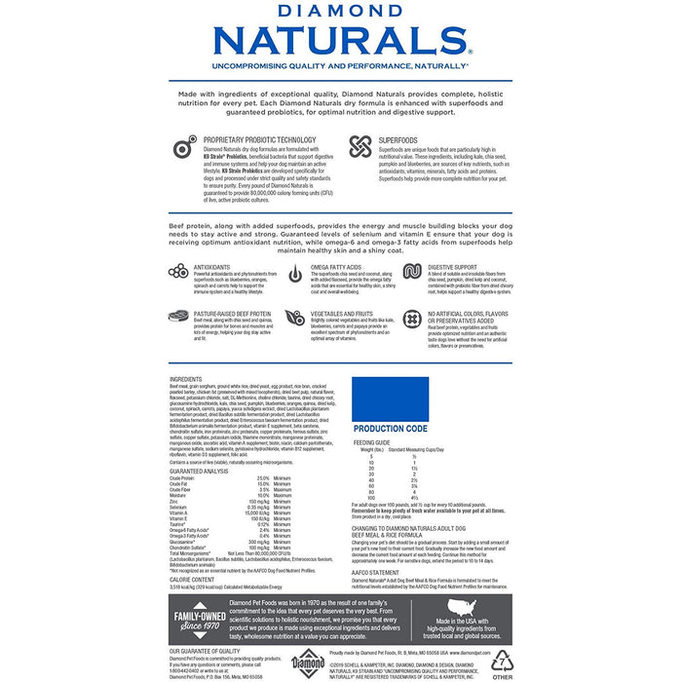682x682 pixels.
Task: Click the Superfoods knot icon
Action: tap(360, 147)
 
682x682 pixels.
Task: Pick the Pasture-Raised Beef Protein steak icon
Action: tap(177, 317)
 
